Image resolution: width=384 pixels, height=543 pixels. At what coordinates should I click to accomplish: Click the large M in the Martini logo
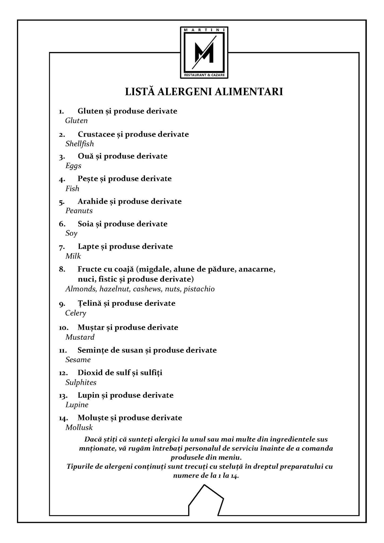pos(204,52)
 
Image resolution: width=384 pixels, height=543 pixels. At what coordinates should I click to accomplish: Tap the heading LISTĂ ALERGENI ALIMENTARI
pos(204,91)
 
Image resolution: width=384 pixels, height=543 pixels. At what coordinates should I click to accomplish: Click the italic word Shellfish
pos(80,144)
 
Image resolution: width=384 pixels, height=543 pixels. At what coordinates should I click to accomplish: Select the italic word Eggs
pos(73,166)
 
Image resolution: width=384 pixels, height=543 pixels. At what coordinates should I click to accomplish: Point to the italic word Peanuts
pos(79,211)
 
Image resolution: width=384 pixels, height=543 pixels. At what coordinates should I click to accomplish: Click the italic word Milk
pos(73,256)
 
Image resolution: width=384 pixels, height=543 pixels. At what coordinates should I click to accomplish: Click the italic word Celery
pos(76,313)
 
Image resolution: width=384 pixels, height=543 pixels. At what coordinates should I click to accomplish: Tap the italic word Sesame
pos(78,360)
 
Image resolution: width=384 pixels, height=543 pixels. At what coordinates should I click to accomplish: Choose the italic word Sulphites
pos(81,382)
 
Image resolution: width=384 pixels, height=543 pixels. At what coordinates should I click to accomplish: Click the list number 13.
pos(63,396)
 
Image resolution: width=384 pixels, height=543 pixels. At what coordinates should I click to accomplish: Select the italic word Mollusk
pos(79,427)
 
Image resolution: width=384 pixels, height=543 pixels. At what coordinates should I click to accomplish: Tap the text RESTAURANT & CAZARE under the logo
pos(204,75)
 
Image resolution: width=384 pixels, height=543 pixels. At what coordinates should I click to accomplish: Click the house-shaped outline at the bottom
pos(206,500)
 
